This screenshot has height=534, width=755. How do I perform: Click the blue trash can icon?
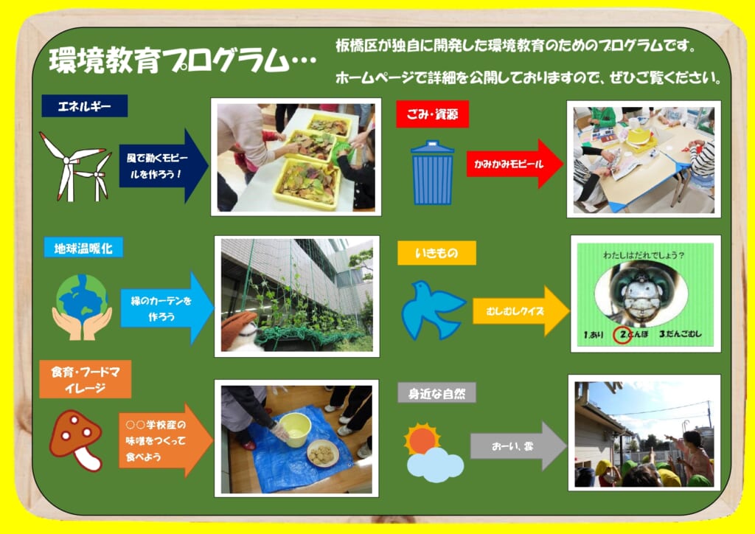432,173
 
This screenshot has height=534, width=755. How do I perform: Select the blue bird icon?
432,311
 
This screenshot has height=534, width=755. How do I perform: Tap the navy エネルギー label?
84,106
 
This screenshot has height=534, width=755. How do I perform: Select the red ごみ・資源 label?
432,114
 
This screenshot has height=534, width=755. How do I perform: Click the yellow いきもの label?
436,253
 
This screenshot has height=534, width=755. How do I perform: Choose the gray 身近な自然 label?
436,393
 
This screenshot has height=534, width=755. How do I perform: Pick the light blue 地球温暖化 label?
83,248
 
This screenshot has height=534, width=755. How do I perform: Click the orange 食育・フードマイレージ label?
86,379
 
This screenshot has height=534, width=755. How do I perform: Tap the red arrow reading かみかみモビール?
515,164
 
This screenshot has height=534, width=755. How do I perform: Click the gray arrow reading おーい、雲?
518,446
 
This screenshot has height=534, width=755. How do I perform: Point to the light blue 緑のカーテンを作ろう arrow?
167,308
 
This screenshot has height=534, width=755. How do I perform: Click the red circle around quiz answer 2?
622,334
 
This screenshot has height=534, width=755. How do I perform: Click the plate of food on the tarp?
323,454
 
